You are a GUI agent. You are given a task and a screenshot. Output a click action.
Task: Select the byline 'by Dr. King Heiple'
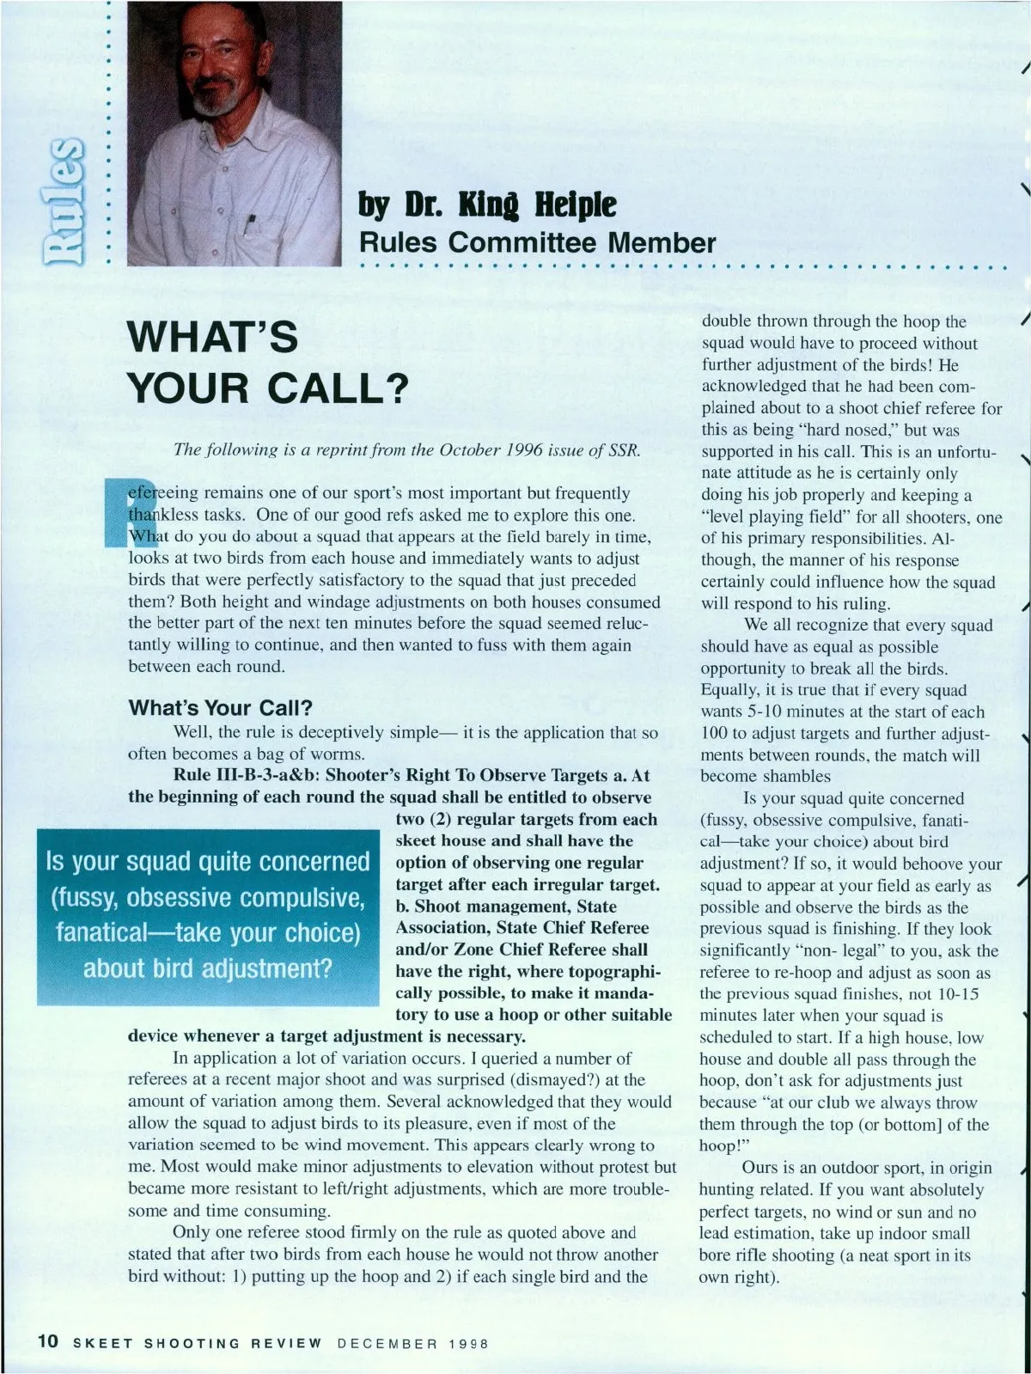click(487, 205)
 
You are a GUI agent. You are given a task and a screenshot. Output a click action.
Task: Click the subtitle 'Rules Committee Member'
click(537, 242)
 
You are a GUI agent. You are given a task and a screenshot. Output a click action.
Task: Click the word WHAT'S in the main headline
click(213, 337)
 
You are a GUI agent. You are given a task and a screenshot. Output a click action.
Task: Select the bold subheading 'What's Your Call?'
click(220, 708)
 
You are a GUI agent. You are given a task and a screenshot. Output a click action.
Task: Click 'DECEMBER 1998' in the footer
click(412, 1342)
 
